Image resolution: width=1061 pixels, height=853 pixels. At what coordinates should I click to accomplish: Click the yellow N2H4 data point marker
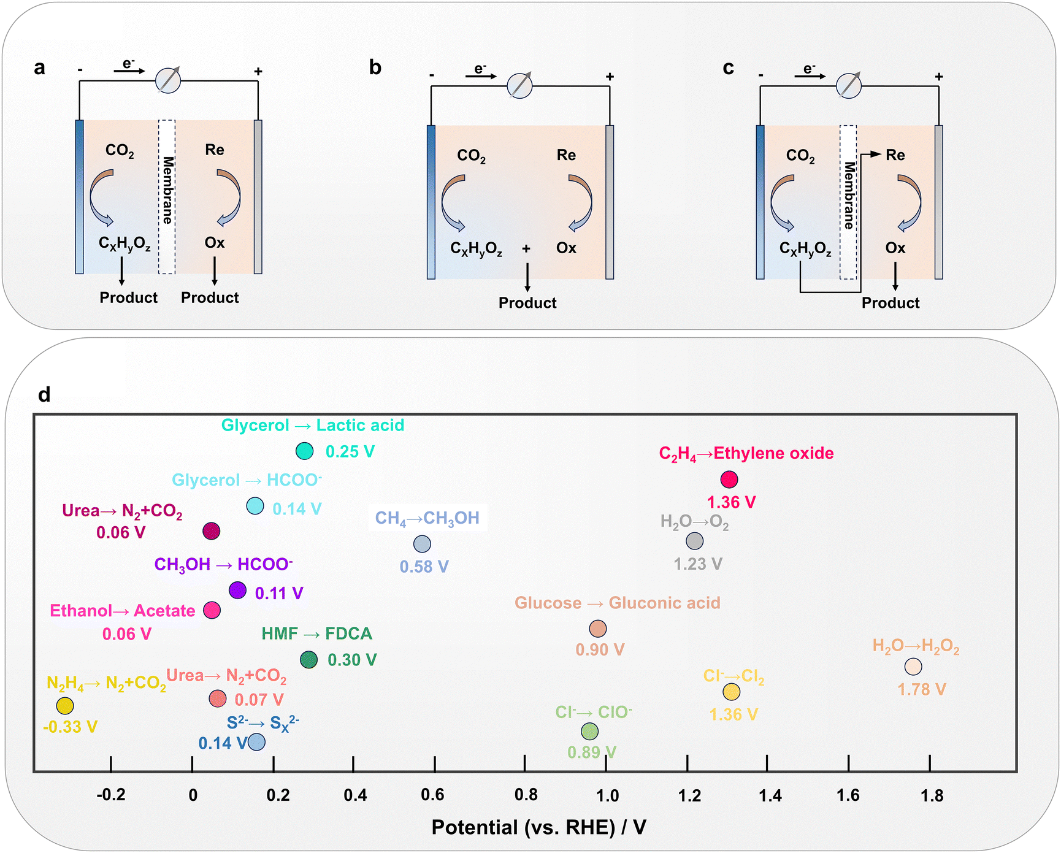[65, 706]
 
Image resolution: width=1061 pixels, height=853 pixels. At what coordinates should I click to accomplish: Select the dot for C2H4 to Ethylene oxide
[729, 480]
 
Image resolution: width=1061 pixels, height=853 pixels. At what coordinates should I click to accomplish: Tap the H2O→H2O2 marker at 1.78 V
[913, 667]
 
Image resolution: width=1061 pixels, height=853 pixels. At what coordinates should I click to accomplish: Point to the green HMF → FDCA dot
[308, 660]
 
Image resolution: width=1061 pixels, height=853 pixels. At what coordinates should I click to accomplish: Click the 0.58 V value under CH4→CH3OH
[424, 567]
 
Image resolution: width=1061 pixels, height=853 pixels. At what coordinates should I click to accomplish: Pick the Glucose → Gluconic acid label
[617, 603]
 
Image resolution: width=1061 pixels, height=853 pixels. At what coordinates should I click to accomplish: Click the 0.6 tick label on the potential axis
[432, 795]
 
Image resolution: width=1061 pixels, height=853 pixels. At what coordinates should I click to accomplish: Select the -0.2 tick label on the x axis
[111, 795]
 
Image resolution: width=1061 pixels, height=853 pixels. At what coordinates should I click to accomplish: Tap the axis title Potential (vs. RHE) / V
[538, 827]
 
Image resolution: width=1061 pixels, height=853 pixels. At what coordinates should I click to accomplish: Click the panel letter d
[44, 394]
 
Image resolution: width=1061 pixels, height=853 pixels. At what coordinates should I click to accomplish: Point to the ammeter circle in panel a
[168, 80]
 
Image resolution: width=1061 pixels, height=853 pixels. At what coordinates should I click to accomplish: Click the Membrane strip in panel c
[848, 202]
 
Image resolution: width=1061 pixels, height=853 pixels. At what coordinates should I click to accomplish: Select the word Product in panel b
[527, 303]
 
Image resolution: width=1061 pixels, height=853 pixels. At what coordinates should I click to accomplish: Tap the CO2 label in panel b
[471, 156]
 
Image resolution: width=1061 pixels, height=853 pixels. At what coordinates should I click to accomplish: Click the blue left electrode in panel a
[79, 196]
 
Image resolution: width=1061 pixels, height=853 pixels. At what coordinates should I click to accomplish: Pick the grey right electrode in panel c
[938, 202]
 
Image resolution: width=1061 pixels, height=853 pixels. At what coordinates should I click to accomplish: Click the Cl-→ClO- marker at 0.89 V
[589, 731]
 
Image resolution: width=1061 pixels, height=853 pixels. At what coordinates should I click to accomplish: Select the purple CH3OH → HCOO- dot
[237, 591]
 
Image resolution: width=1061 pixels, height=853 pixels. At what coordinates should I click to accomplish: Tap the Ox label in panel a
[215, 243]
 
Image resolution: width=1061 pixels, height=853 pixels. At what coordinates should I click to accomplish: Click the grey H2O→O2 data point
[694, 541]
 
